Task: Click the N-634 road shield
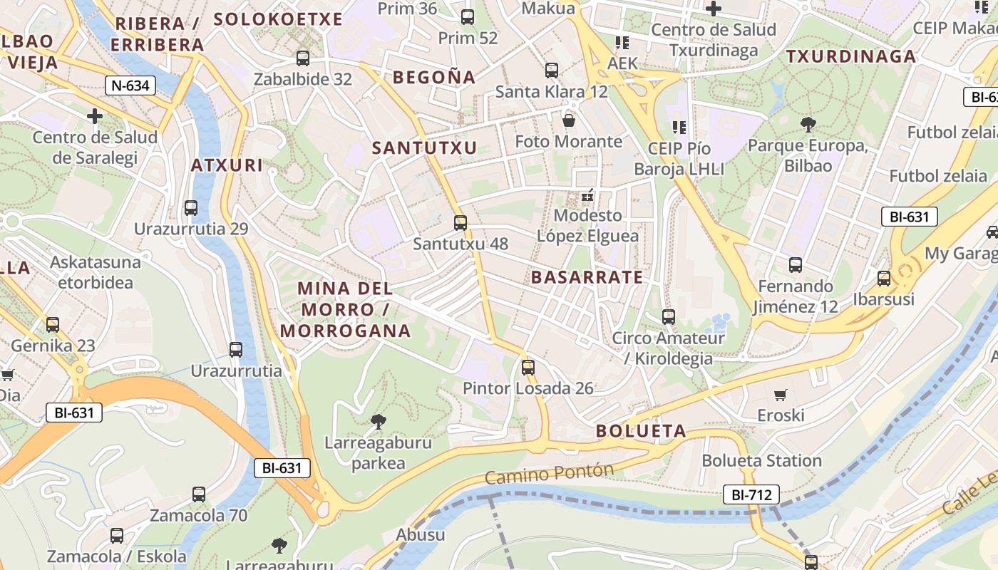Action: point(130,86)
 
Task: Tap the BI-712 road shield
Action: point(751,494)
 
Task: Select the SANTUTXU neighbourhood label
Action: point(424,148)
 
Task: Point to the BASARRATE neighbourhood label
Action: point(587,277)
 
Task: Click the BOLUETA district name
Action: point(641,431)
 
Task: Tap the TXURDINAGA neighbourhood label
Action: point(850,57)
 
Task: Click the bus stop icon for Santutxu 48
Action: point(461,223)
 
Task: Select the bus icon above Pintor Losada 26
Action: point(528,368)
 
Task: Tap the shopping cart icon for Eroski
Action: point(781,395)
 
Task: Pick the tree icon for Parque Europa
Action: point(808,125)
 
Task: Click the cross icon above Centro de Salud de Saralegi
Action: point(95,116)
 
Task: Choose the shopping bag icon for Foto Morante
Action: point(568,120)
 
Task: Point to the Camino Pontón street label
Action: point(549,473)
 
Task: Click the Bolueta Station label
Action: point(761,461)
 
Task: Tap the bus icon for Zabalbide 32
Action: point(303,58)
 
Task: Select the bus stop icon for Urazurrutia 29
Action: point(191,208)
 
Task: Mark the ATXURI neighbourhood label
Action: point(227,166)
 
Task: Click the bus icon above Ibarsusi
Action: point(884,279)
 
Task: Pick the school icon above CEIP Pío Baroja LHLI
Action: point(679,128)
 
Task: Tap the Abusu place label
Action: point(420,535)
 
